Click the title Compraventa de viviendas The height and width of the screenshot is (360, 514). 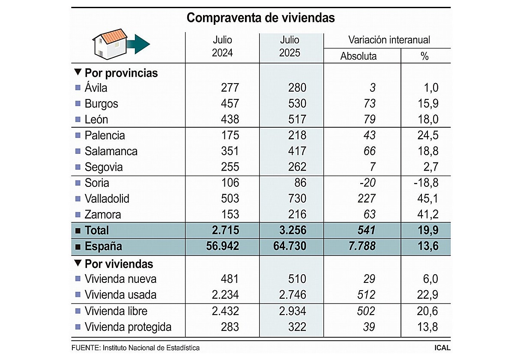[260, 18]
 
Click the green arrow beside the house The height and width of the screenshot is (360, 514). [139, 44]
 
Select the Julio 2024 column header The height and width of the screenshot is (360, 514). [222, 47]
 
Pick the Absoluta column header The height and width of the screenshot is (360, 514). [359, 56]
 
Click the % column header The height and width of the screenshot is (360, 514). [424, 56]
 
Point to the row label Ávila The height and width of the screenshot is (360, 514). [96, 88]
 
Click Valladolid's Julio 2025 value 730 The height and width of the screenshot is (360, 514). [297, 199]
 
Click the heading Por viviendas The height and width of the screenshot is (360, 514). [119, 264]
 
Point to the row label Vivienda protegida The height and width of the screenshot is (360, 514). [128, 327]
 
